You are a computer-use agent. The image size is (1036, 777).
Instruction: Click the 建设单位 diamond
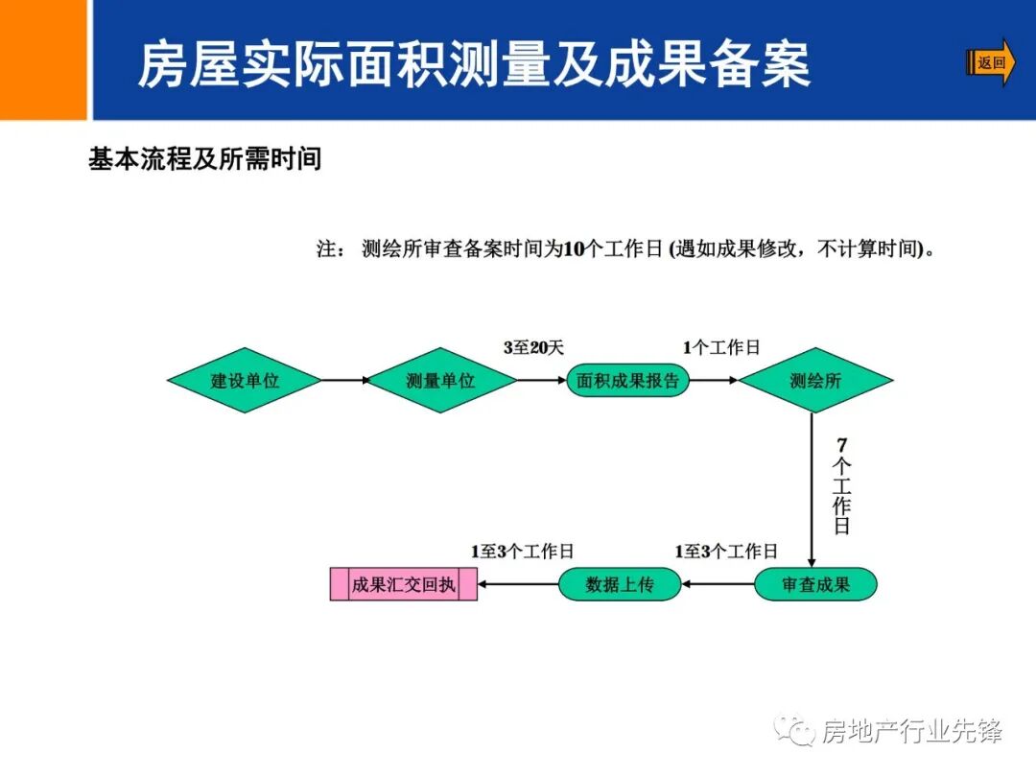[245, 380]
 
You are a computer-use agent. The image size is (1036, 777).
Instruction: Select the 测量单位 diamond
[440, 380]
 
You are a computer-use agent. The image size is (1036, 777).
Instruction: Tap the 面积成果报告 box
[627, 380]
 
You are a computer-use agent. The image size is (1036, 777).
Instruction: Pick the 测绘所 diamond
[815, 380]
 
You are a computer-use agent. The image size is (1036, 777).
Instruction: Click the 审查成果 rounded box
[815, 584]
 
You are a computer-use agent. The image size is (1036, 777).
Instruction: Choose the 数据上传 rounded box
[620, 584]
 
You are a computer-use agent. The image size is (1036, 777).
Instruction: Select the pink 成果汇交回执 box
[403, 584]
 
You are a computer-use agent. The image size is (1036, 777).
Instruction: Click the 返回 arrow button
[991, 63]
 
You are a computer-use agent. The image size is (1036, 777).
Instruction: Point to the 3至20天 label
[533, 347]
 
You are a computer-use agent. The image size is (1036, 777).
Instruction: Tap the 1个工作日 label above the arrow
[721, 347]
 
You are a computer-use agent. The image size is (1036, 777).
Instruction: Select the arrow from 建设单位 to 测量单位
[345, 380]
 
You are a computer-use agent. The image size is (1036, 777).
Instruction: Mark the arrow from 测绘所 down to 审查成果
[812, 489]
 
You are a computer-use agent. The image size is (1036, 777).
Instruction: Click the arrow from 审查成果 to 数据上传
[718, 584]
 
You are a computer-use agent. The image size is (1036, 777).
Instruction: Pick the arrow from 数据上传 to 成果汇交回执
[518, 584]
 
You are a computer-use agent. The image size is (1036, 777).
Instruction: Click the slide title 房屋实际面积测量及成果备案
[474, 64]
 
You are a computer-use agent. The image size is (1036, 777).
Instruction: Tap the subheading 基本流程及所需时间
[204, 159]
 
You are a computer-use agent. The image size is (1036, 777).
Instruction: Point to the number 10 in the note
[573, 249]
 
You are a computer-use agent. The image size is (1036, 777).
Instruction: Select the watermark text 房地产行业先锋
[911, 732]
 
